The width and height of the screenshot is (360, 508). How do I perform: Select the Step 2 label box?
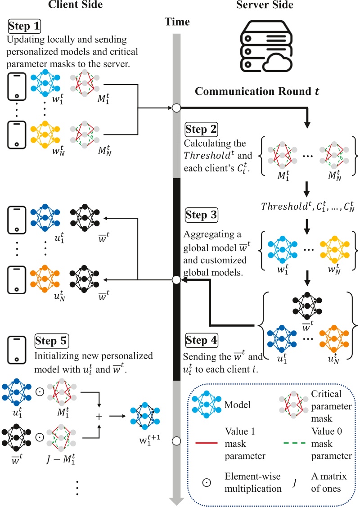pyautogui.click(x=201, y=130)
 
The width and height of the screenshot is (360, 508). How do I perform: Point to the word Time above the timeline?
pyautogui.click(x=177, y=22)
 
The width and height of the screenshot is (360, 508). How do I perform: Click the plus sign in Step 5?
pyautogui.click(x=99, y=417)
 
